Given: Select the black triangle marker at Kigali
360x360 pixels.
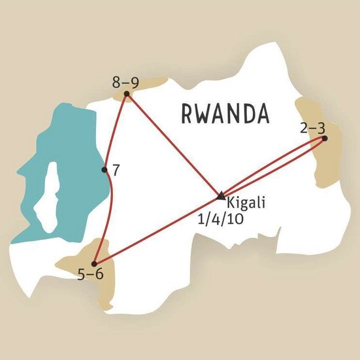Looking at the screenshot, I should [221, 195].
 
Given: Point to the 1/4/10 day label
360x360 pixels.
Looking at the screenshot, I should [220, 219].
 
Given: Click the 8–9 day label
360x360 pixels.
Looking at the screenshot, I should [126, 82].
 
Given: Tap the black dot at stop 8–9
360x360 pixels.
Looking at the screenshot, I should [127, 93].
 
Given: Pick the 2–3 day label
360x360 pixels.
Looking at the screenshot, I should [313, 127].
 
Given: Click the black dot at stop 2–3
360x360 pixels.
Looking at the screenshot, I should [324, 138].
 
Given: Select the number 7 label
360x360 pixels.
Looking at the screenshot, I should [116, 171].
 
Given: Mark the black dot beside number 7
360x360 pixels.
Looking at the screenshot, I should [105, 170].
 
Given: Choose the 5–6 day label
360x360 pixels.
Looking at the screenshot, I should [90, 274].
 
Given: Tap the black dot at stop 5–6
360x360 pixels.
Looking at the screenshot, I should [94, 263].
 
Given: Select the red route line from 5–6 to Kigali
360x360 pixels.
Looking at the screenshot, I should [157, 229].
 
